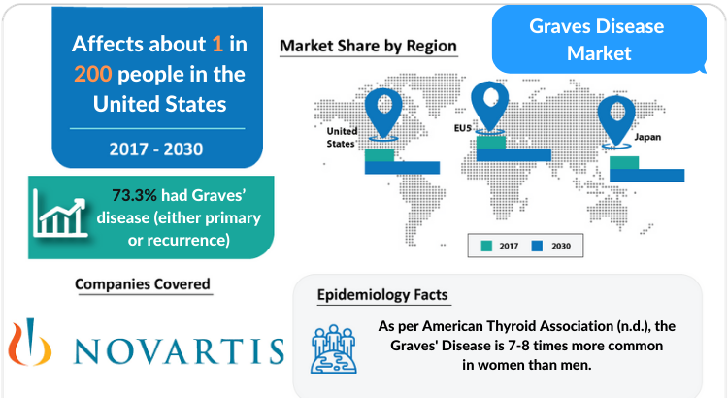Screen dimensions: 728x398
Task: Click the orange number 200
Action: click(x=93, y=74)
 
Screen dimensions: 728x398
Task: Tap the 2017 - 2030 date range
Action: click(x=156, y=149)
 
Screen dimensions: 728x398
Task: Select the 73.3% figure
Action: click(x=134, y=195)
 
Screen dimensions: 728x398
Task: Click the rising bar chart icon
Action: click(x=59, y=214)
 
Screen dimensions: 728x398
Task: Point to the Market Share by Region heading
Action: click(x=368, y=46)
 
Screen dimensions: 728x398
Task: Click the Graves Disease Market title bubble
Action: click(x=599, y=40)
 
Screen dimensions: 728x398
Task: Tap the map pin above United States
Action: click(x=383, y=114)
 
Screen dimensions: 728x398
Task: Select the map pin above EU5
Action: click(x=490, y=107)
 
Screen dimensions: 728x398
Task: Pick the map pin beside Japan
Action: click(x=616, y=121)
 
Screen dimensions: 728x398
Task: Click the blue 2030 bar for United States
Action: click(x=402, y=168)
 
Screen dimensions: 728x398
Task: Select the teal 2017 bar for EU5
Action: click(x=491, y=143)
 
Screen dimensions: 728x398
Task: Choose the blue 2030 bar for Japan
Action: click(x=646, y=175)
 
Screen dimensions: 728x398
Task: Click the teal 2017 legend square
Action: click(x=486, y=246)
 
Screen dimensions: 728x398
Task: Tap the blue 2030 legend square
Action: click(x=537, y=246)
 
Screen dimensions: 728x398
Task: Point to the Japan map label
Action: click(x=647, y=137)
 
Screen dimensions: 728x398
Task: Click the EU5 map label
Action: click(x=462, y=128)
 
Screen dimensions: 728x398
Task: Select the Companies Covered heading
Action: click(x=143, y=284)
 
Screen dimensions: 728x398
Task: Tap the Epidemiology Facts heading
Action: click(x=382, y=295)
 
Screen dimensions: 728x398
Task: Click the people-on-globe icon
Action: click(x=334, y=349)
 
